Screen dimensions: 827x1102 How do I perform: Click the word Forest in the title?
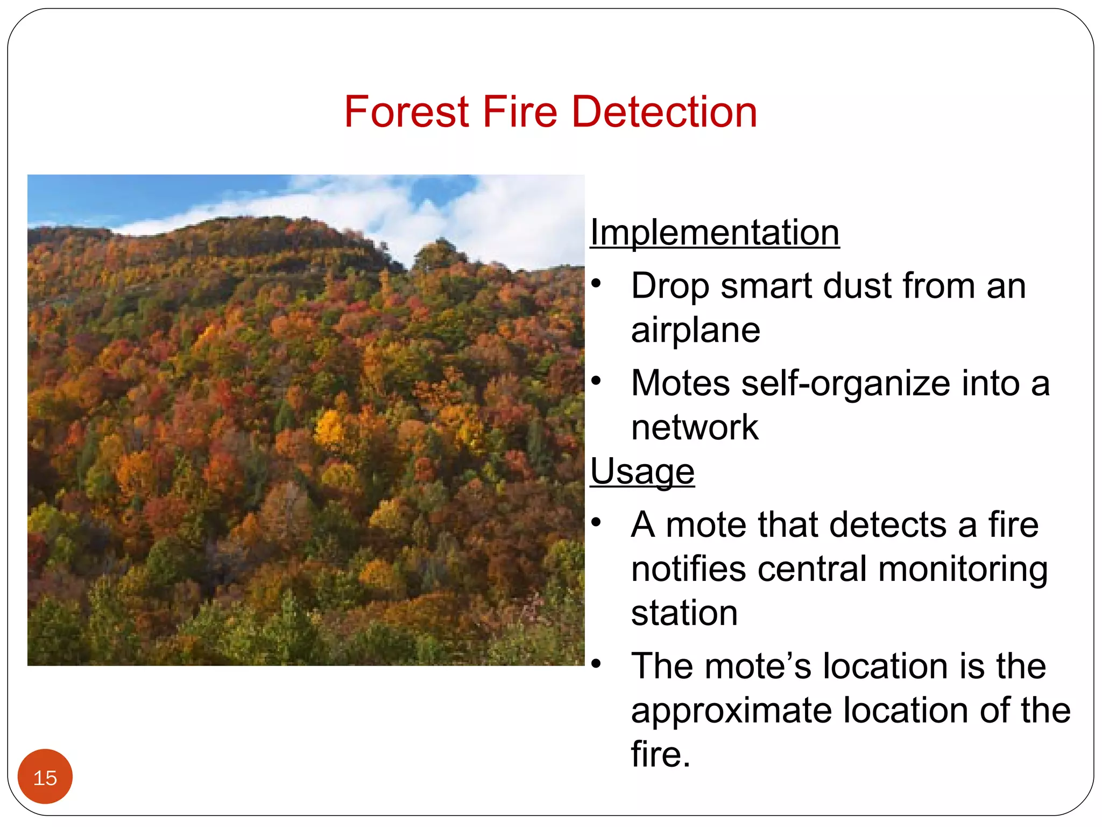[x=407, y=112]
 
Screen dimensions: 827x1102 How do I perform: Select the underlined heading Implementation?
[x=715, y=233]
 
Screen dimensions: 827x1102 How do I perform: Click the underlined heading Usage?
[x=642, y=472]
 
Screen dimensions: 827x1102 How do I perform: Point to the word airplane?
[x=695, y=330]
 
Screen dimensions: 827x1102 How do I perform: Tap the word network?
[x=694, y=427]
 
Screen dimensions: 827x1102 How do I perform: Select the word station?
[x=684, y=613]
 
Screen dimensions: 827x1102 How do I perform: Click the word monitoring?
[x=963, y=570]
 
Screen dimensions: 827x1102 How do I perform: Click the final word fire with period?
[x=660, y=754]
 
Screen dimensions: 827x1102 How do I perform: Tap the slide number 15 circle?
[x=45, y=776]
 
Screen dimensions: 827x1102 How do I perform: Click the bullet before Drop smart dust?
[x=596, y=283]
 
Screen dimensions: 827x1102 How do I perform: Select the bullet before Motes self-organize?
[x=596, y=381]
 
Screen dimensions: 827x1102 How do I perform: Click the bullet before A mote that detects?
[x=596, y=522]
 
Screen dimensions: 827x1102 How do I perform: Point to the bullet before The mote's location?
[x=596, y=663]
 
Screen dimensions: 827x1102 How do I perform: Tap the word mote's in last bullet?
[x=758, y=667]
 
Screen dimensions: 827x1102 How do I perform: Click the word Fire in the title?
[x=520, y=112]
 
